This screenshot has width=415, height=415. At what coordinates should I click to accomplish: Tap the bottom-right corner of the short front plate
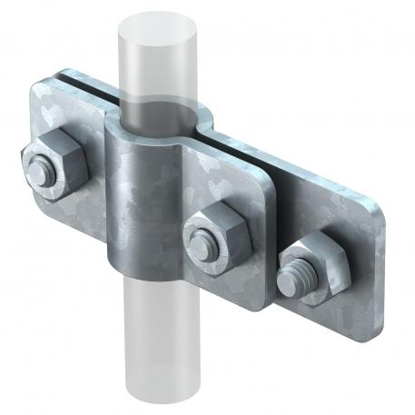[264, 304]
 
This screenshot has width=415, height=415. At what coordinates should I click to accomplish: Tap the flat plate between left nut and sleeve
[95, 182]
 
